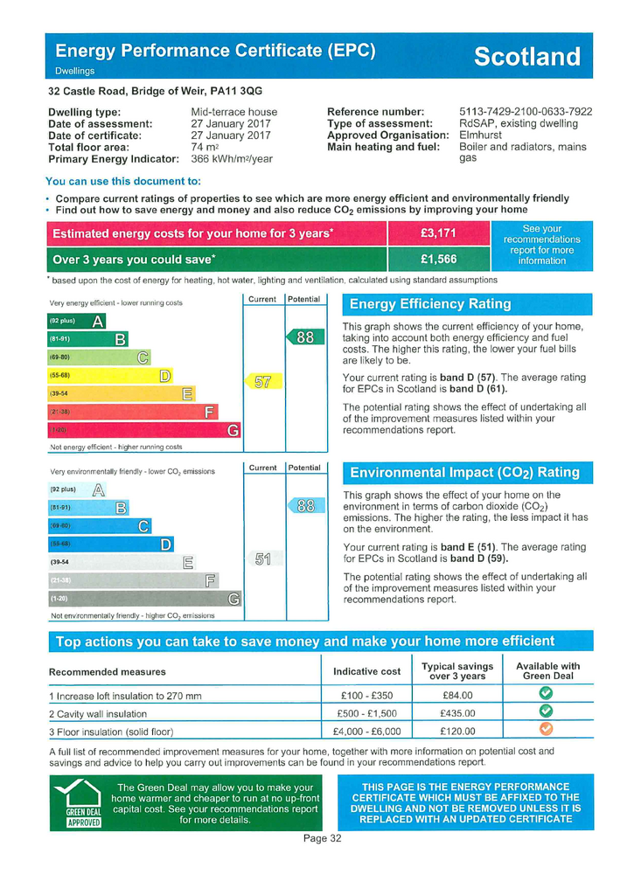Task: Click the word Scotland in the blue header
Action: point(527,57)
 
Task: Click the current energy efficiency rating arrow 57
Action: point(262,381)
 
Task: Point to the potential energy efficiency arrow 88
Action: point(303,337)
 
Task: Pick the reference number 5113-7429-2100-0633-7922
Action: point(526,112)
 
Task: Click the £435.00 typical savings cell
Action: point(456,713)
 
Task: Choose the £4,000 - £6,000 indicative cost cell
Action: point(366,732)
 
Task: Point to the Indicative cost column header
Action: point(366,671)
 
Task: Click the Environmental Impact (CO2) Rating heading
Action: point(464,473)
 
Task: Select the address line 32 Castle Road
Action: point(155,91)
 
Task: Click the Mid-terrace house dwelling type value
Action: point(233,112)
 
